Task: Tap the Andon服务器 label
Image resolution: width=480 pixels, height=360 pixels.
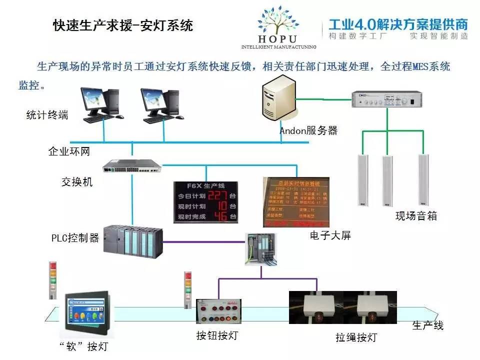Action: coord(308,131)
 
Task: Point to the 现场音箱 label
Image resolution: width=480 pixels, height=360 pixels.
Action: coord(416,216)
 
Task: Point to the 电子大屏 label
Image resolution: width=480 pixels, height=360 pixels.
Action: coord(330,235)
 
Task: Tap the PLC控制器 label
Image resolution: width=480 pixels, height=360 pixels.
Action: coord(75,237)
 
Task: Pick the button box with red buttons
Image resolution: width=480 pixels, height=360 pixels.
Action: coord(218,313)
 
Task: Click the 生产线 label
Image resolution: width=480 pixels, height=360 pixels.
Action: coord(428,325)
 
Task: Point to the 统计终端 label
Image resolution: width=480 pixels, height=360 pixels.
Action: coord(47,115)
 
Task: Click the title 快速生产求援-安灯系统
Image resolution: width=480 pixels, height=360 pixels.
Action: coord(123,25)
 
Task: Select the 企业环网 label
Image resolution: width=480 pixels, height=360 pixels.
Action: coord(69,151)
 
